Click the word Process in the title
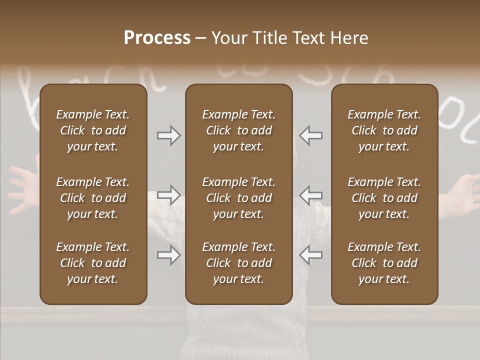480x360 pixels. pyautogui.click(x=157, y=37)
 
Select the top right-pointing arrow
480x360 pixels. pyautogui.click(x=168, y=135)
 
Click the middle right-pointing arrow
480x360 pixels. pyautogui.click(x=168, y=194)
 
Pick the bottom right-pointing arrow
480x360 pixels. pyautogui.click(x=168, y=255)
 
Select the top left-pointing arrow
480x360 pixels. pyautogui.click(x=310, y=135)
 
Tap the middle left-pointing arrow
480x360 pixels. pyautogui.click(x=310, y=194)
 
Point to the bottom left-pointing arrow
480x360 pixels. pyautogui.click(x=310, y=255)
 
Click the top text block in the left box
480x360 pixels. pyautogui.click(x=93, y=130)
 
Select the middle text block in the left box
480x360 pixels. pyautogui.click(x=93, y=198)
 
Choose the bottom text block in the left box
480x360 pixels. pyautogui.click(x=93, y=263)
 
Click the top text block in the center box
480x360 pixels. pyautogui.click(x=238, y=130)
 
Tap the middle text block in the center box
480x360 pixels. pyautogui.click(x=238, y=198)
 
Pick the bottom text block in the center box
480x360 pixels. pyautogui.click(x=238, y=263)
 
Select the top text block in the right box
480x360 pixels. pyautogui.click(x=384, y=130)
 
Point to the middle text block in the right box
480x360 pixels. pyautogui.click(x=384, y=198)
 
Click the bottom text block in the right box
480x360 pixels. pyautogui.click(x=384, y=263)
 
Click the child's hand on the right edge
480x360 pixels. pyautogui.click(x=462, y=192)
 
